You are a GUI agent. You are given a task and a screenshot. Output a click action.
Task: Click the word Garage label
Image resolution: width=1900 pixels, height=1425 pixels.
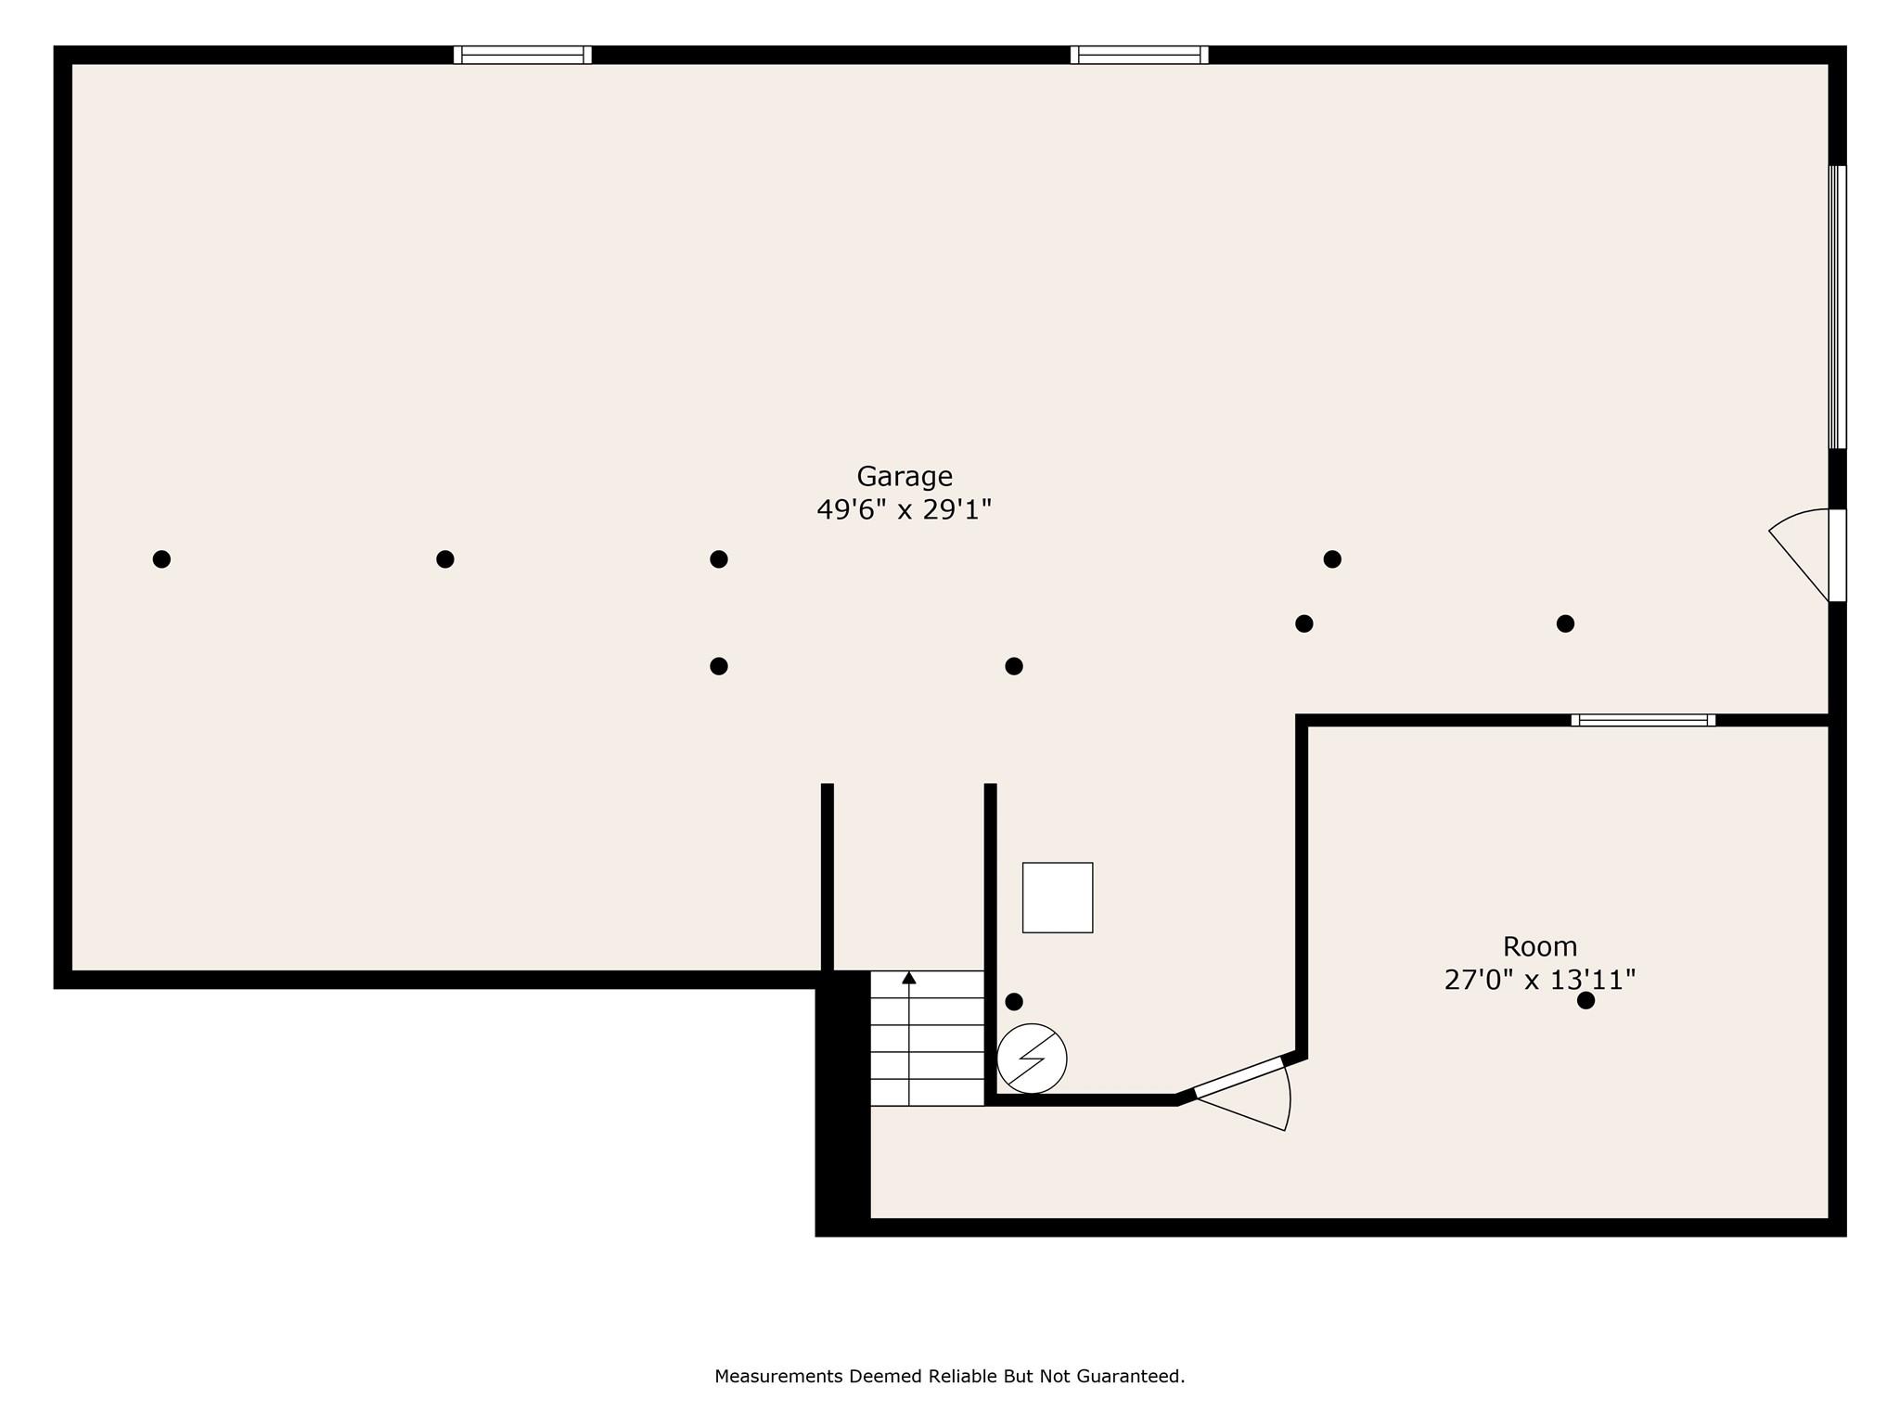click(904, 476)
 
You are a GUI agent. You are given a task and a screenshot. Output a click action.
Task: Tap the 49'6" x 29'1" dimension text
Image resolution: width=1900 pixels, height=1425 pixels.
click(904, 509)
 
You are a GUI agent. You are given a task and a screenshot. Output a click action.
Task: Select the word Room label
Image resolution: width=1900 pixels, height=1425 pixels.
click(1540, 946)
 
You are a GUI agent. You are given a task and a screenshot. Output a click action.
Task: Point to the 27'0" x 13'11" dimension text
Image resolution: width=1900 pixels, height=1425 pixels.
click(1540, 980)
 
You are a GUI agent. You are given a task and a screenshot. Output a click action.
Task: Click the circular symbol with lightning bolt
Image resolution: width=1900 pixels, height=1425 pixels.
click(1032, 1059)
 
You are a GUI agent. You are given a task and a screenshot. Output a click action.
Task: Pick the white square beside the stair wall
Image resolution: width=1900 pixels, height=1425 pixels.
click(1058, 897)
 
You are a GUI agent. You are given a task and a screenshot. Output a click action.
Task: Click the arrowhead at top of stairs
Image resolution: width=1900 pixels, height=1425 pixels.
click(909, 978)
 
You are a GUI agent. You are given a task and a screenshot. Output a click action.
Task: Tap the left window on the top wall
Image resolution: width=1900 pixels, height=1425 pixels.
click(522, 55)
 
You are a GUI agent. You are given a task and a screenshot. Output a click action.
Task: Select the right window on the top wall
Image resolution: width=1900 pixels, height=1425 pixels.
click(1139, 55)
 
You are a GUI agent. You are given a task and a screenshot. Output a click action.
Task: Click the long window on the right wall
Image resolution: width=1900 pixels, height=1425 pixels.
click(1837, 306)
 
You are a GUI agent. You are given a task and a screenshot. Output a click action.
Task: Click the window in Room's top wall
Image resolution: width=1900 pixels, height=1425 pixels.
click(1643, 720)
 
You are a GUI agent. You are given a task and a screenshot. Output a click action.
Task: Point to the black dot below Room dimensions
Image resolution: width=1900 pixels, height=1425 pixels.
click(1585, 1000)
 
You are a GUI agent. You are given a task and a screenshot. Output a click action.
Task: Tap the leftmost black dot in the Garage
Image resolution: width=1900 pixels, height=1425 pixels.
click(161, 558)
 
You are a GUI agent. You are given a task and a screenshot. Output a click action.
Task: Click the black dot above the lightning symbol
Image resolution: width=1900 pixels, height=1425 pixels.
click(1014, 1001)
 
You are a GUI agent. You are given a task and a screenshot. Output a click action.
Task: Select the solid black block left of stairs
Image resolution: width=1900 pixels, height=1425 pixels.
click(842, 1104)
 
